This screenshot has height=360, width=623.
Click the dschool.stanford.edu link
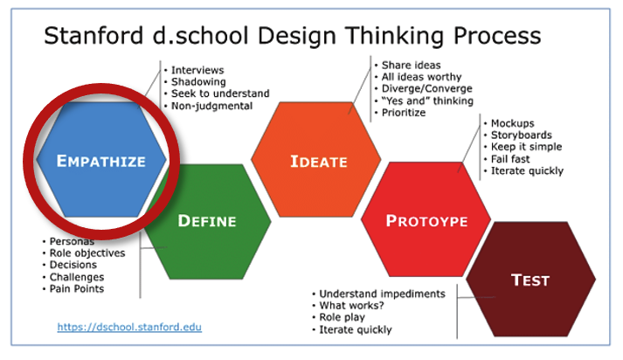click(x=129, y=327)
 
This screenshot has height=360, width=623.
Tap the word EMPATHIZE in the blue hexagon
click(x=101, y=162)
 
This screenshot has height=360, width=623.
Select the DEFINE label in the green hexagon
click(x=207, y=221)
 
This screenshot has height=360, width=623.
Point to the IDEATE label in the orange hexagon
click(x=319, y=162)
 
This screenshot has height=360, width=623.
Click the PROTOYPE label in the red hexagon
click(x=427, y=221)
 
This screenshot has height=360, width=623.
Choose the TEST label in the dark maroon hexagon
click(x=530, y=280)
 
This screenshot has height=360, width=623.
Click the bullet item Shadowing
click(x=198, y=82)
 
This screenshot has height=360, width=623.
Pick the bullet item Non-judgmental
click(x=211, y=106)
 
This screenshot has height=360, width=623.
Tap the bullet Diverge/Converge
click(x=426, y=88)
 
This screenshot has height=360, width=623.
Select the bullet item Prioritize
click(x=404, y=113)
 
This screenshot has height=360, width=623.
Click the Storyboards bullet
click(x=522, y=135)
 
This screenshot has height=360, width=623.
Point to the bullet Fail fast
click(x=510, y=159)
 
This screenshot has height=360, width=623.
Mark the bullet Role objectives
click(x=87, y=253)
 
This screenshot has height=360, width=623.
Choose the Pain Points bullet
click(x=77, y=289)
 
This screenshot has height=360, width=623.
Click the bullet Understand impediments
click(x=382, y=294)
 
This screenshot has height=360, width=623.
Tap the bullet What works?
click(x=351, y=306)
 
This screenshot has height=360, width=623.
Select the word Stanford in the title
click(x=93, y=35)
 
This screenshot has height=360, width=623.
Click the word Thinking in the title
click(x=395, y=36)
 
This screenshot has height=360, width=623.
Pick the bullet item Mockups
click(x=513, y=123)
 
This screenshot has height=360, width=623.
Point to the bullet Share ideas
click(x=411, y=66)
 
